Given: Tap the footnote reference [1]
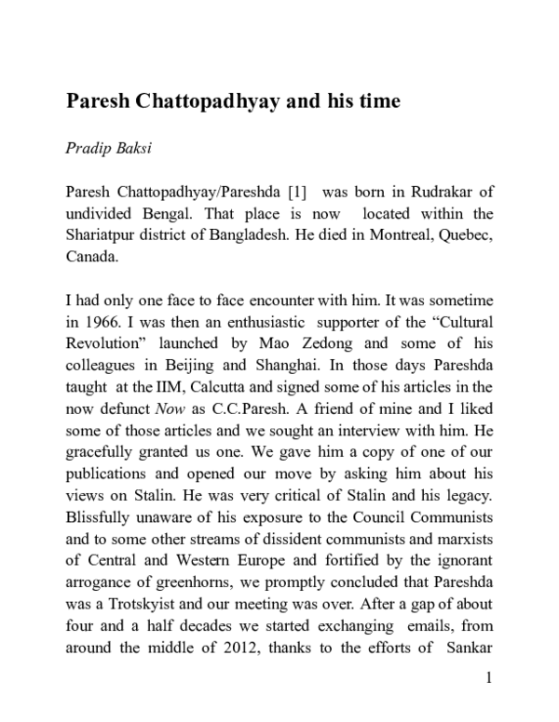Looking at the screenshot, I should pos(297,191).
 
